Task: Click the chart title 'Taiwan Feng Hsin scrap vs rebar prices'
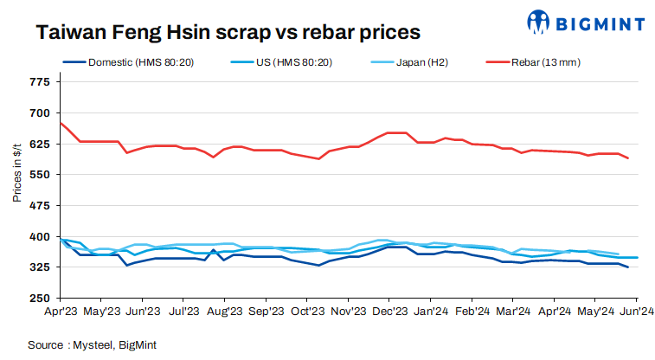click(228, 32)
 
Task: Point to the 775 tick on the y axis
click(40, 82)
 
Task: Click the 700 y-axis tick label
click(40, 113)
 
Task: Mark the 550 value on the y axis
click(40, 175)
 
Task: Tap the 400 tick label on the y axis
click(40, 236)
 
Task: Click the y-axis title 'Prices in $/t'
click(16, 173)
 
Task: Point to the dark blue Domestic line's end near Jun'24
click(627, 267)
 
